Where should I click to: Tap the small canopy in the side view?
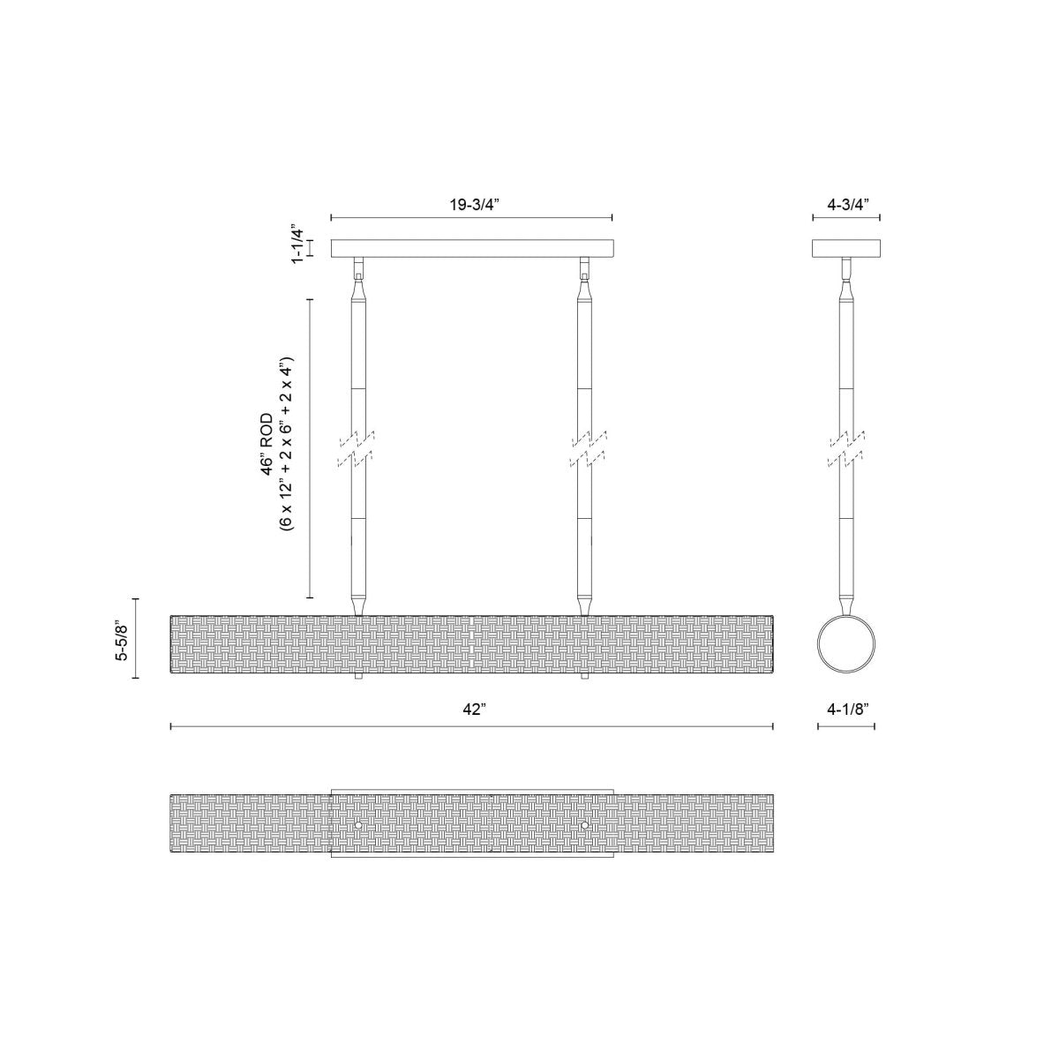[x=846, y=248]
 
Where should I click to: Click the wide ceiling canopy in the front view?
[x=471, y=248]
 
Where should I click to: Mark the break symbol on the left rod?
[x=358, y=447]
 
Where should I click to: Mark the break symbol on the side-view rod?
[x=846, y=447]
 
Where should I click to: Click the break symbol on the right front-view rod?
[x=584, y=447]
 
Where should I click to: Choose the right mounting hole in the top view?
[x=584, y=825]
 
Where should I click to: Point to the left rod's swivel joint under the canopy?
[x=358, y=268]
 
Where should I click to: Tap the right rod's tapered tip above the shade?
[x=584, y=604]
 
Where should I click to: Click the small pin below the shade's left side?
[x=358, y=678]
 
